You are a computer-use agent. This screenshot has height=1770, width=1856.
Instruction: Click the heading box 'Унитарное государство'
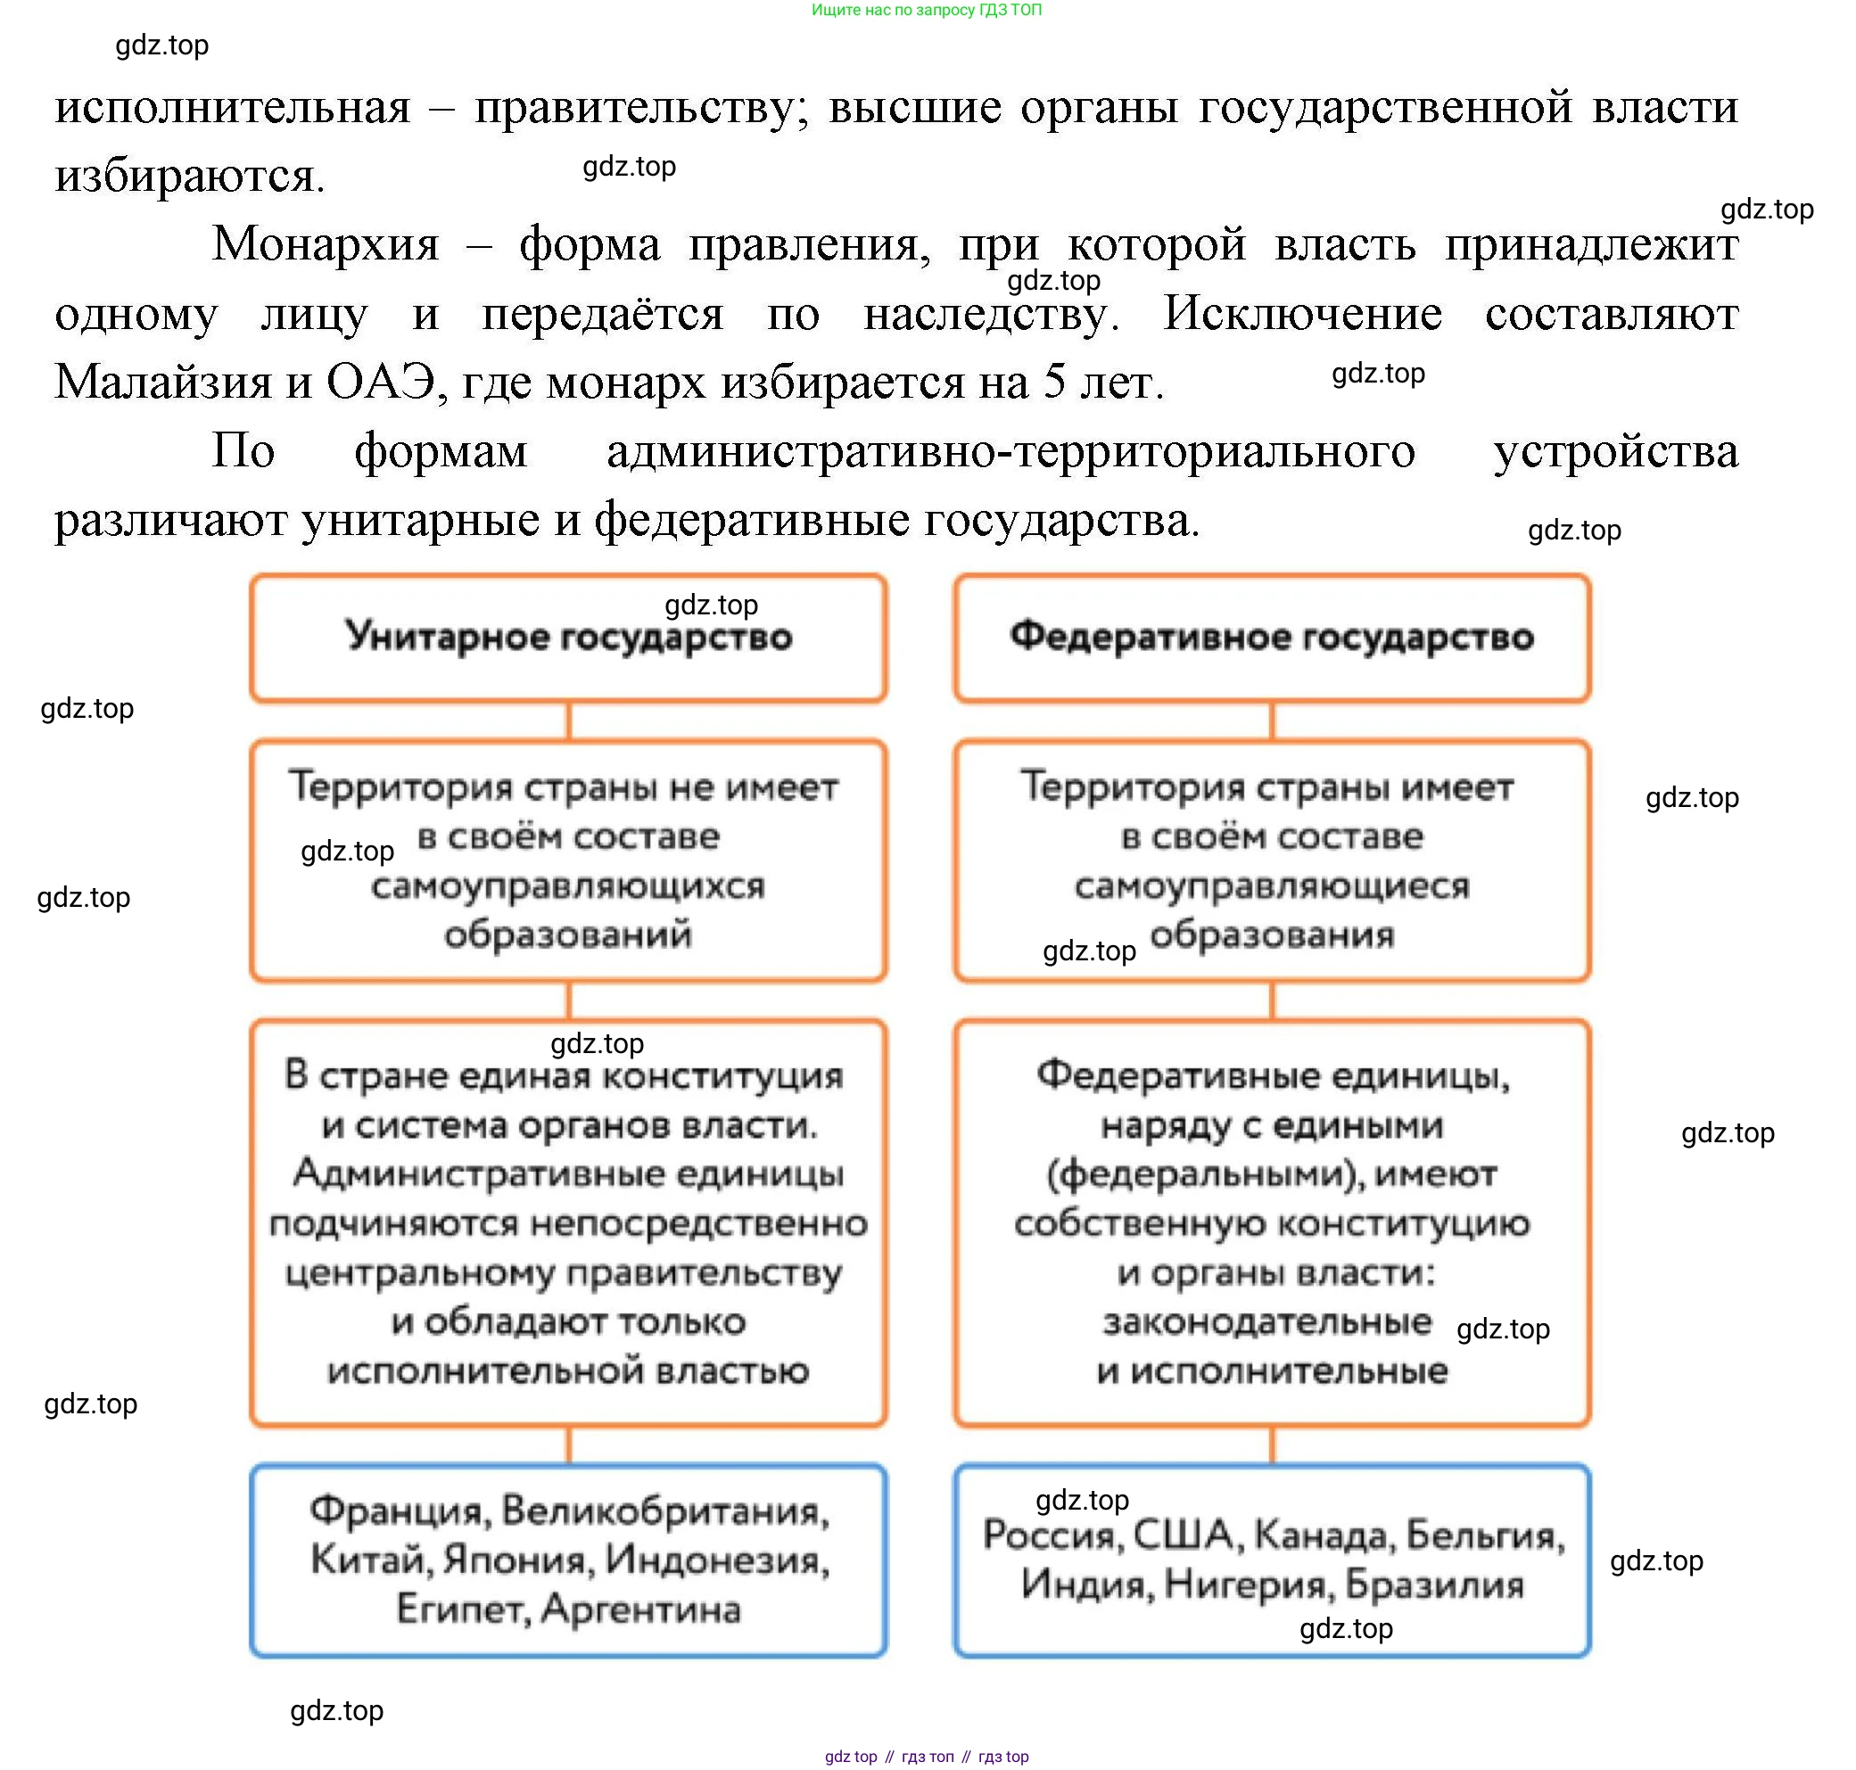tap(568, 638)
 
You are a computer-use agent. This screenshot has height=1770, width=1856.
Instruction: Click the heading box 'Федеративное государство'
tap(1271, 638)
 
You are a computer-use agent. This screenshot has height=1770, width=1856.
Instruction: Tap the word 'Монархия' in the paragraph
tap(326, 244)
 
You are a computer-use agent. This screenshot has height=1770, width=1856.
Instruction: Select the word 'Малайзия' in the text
tap(162, 383)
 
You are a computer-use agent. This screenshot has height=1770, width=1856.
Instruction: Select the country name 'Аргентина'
tap(640, 1609)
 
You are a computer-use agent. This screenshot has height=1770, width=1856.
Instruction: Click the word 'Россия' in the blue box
tap(1052, 1535)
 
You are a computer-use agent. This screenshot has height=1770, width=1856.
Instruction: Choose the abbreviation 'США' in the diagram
tap(1183, 1535)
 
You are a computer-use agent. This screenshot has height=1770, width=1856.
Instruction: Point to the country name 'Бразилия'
tap(1433, 1585)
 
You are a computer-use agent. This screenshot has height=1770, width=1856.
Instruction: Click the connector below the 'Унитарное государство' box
tap(568, 720)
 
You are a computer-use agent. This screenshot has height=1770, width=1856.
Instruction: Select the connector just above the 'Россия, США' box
tap(1271, 1445)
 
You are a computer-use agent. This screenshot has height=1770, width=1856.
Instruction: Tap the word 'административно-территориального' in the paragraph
tap(1010, 451)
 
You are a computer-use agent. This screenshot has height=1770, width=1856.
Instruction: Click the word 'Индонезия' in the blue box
tap(716, 1560)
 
